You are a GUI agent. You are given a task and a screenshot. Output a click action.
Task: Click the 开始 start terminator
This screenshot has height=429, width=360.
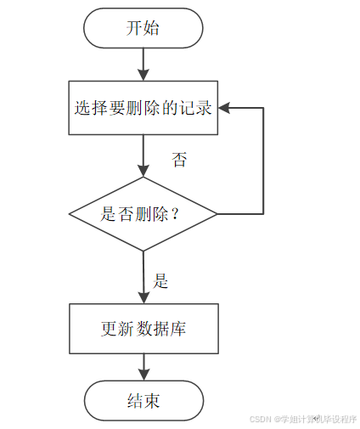143,28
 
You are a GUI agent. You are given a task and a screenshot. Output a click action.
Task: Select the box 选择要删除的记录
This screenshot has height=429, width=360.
143,108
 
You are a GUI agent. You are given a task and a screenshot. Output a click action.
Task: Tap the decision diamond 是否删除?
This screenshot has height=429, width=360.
143,214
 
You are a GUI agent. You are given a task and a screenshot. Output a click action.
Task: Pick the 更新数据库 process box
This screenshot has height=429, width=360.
143,329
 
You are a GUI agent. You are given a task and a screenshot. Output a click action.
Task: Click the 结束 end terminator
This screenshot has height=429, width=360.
143,400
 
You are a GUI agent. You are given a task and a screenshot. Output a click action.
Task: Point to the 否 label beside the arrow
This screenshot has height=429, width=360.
179,160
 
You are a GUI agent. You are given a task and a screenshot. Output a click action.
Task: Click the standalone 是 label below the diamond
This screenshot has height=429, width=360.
160,281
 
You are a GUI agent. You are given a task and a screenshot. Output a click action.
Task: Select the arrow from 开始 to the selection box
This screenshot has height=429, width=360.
143,65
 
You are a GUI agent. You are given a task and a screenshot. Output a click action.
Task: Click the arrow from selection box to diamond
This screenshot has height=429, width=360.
143,155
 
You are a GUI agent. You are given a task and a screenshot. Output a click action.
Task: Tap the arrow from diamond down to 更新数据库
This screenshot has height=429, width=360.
143,278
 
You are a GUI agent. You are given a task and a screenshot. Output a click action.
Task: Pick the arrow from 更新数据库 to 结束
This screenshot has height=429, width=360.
144,367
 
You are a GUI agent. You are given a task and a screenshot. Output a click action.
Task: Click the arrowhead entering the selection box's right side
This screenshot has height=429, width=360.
224,108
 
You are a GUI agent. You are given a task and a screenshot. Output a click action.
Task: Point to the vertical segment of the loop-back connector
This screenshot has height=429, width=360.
263,161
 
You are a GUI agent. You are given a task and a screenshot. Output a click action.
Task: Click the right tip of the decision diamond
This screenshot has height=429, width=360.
217,214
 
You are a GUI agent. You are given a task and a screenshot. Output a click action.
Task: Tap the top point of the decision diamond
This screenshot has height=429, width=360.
143,178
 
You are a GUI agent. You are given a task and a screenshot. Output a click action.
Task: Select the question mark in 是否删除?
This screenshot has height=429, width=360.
175,214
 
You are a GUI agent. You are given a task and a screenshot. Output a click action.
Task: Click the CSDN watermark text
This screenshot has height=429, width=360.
303,419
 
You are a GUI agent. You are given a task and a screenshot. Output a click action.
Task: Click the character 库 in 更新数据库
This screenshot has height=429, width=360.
177,329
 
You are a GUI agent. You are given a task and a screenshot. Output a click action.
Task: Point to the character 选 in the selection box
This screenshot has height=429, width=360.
82,108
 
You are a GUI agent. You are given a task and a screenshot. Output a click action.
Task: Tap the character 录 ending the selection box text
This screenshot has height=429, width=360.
204,108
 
